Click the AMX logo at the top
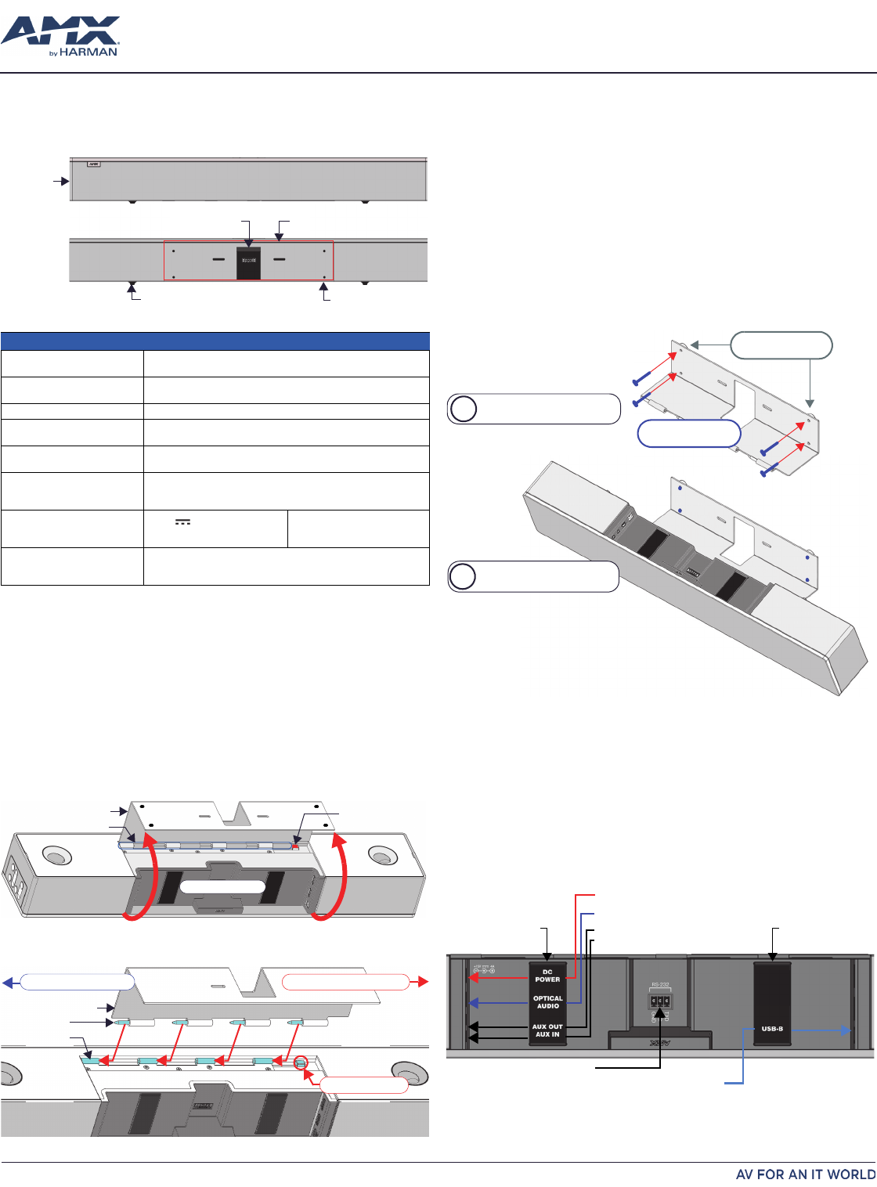point(60,31)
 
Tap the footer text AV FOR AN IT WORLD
point(805,1174)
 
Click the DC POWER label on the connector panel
point(547,976)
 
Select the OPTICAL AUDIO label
point(547,1002)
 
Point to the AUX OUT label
point(547,1026)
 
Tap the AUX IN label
point(547,1035)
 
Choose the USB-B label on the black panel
point(772,1029)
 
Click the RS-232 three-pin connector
point(659,1001)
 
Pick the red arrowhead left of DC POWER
point(473,978)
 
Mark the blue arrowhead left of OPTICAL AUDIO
point(473,1002)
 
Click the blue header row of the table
point(215,341)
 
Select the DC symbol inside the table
point(182,522)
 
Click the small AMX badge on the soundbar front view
point(94,165)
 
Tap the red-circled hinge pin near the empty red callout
point(300,1063)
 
